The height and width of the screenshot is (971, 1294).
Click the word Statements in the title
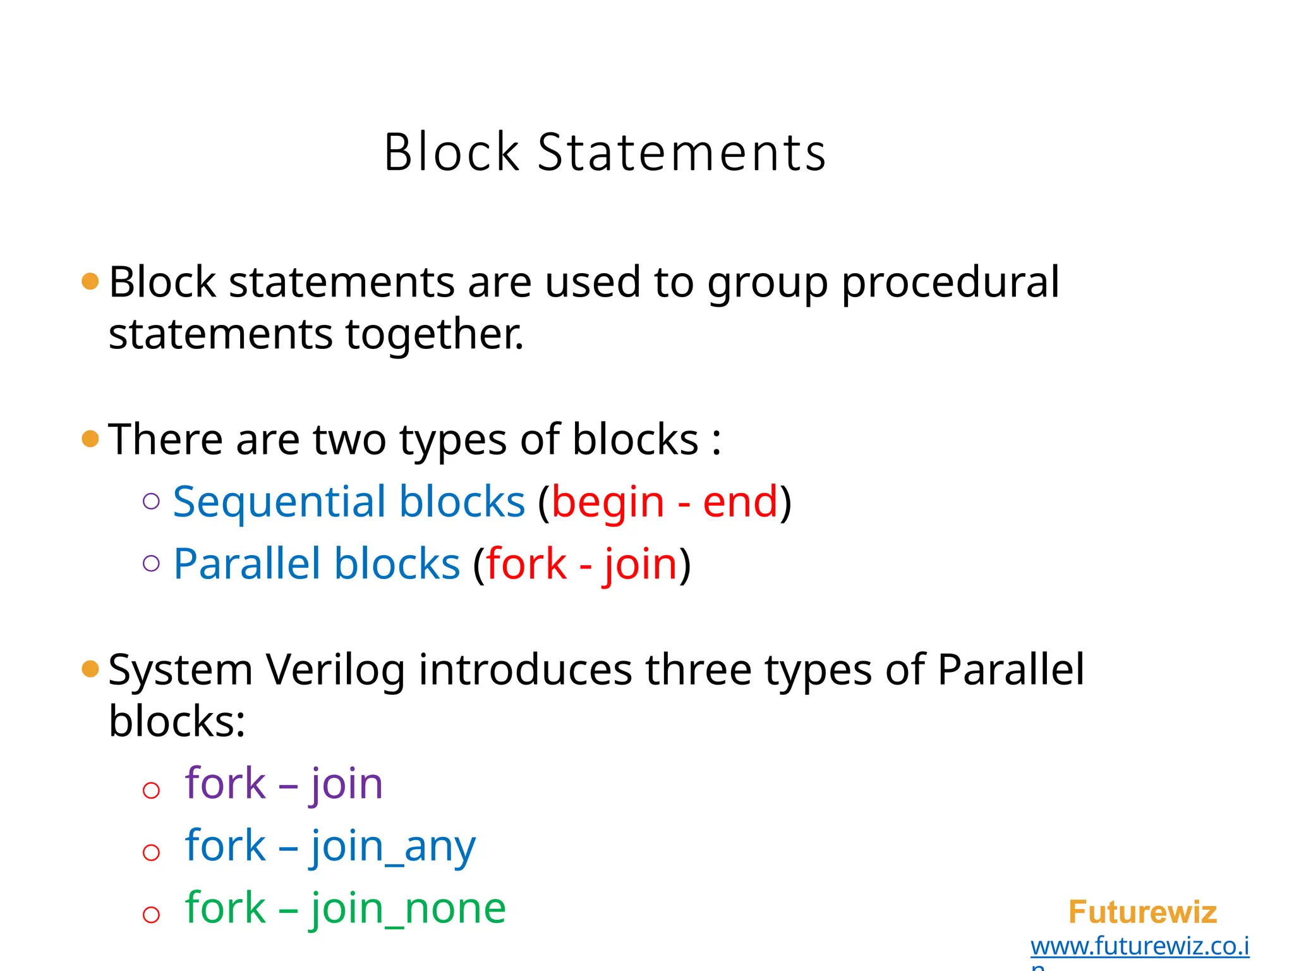coord(681,152)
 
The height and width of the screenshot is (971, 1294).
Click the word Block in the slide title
coord(451,152)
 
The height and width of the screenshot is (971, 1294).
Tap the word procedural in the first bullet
coord(950,283)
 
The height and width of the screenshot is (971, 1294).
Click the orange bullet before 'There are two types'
coord(90,438)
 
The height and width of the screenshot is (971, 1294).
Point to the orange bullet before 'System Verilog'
coord(90,668)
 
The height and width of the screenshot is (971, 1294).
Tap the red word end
coord(740,502)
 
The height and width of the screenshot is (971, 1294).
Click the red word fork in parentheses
coord(526,563)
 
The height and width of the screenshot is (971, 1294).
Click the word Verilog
coord(335,670)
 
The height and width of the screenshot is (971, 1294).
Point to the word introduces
coord(524,669)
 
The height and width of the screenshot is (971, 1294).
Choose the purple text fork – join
coord(284,784)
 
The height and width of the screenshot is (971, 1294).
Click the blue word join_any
coord(393,847)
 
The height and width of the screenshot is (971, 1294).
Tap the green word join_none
coord(408,908)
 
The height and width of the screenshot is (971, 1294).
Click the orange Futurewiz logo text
coord(1142,912)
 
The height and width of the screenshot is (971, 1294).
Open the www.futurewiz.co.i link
coord(1139,946)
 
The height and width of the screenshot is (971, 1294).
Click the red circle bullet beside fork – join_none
coord(151,914)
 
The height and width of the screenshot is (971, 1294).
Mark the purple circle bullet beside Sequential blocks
coord(151,501)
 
